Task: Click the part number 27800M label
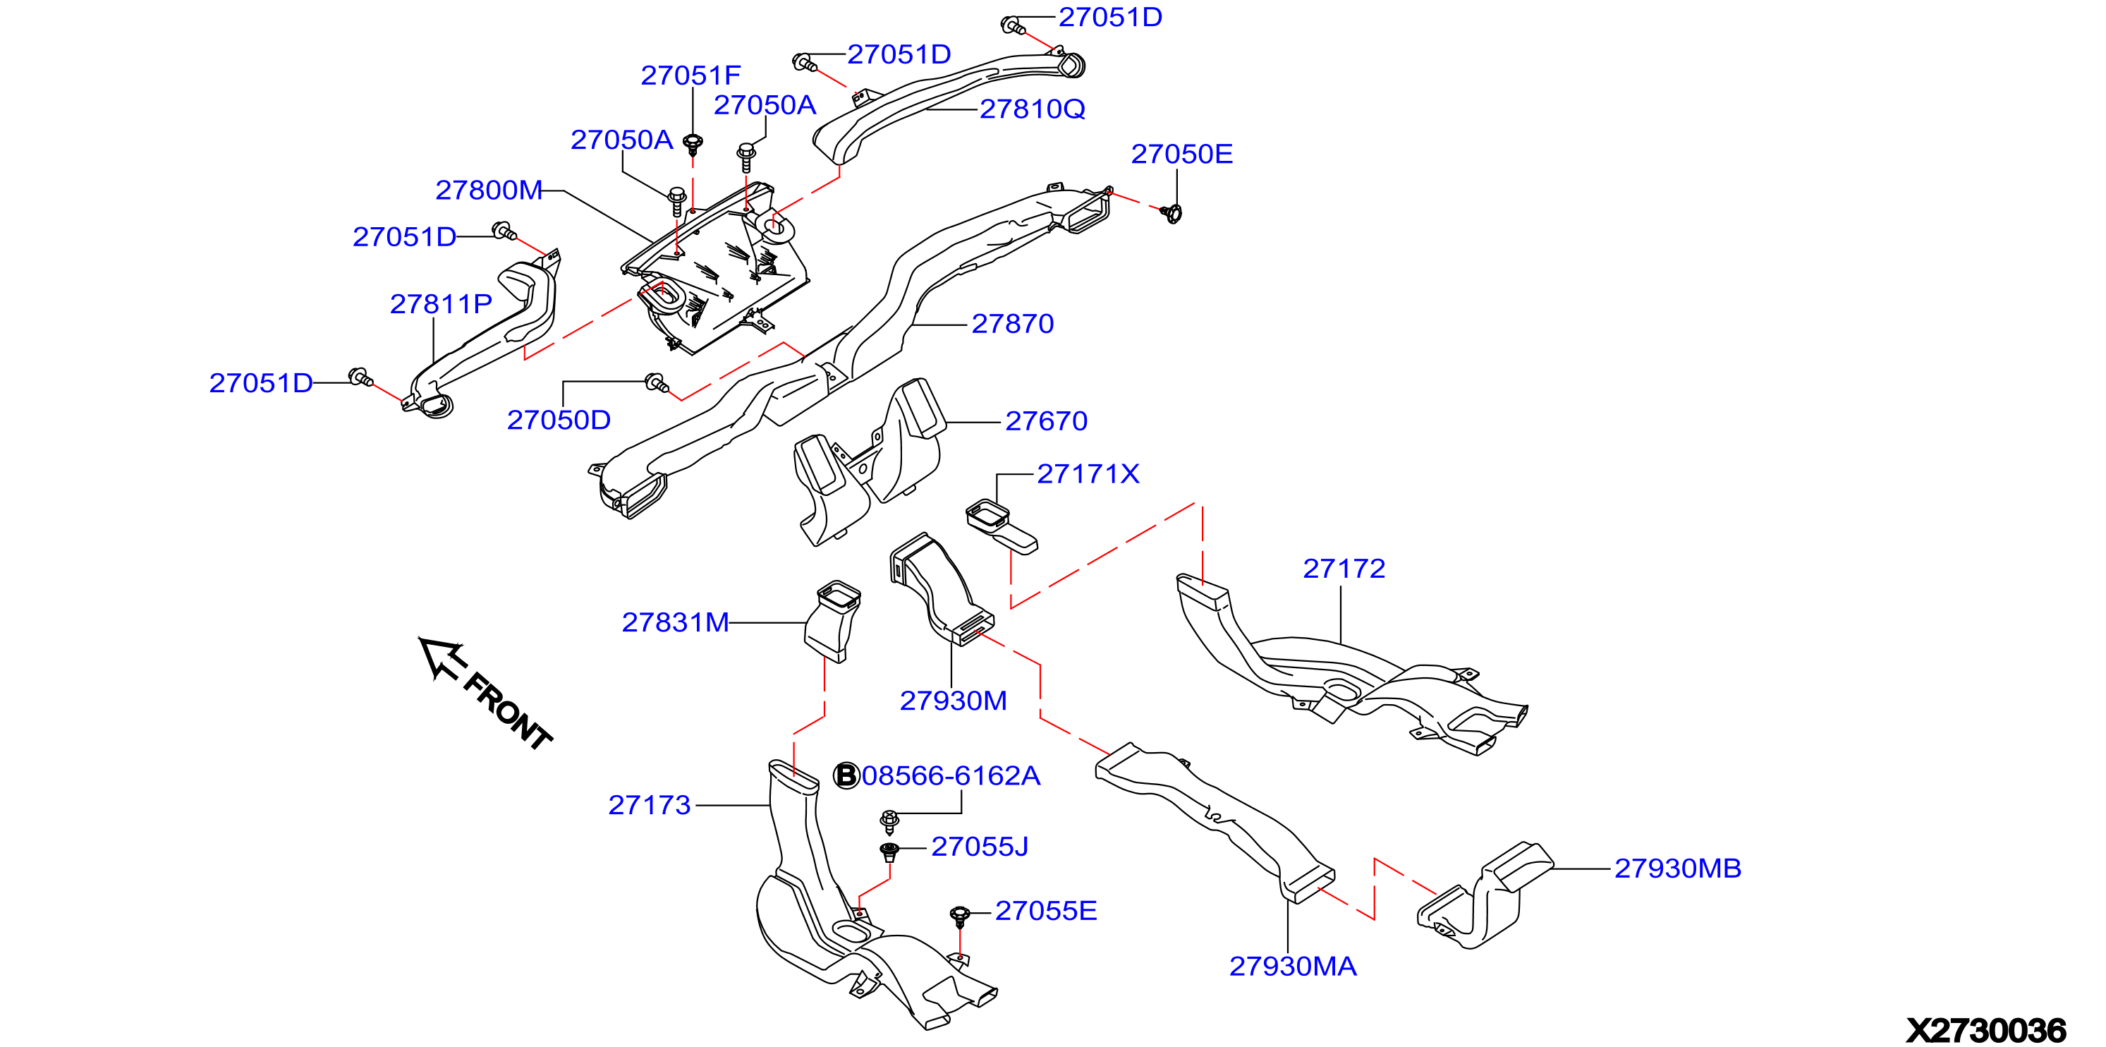[x=489, y=190]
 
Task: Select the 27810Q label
[x=1033, y=109]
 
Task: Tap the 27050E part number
[x=1181, y=154]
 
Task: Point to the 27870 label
[x=1013, y=324]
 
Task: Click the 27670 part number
[x=1047, y=421]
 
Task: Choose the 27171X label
[x=1088, y=473]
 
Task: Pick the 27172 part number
[x=1344, y=569]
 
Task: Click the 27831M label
[x=675, y=622]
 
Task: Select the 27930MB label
[x=1678, y=869]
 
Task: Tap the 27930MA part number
[x=1293, y=967]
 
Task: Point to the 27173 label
[x=650, y=806]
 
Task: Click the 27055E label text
[x=1046, y=912]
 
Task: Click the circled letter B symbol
[x=846, y=775]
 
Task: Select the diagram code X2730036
[x=1986, y=1031]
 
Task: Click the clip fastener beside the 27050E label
[x=1172, y=214]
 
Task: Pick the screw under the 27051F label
[x=693, y=144]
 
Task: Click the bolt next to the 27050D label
[x=657, y=382]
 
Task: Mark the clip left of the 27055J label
[x=889, y=852]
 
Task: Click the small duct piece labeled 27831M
[x=833, y=621]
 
